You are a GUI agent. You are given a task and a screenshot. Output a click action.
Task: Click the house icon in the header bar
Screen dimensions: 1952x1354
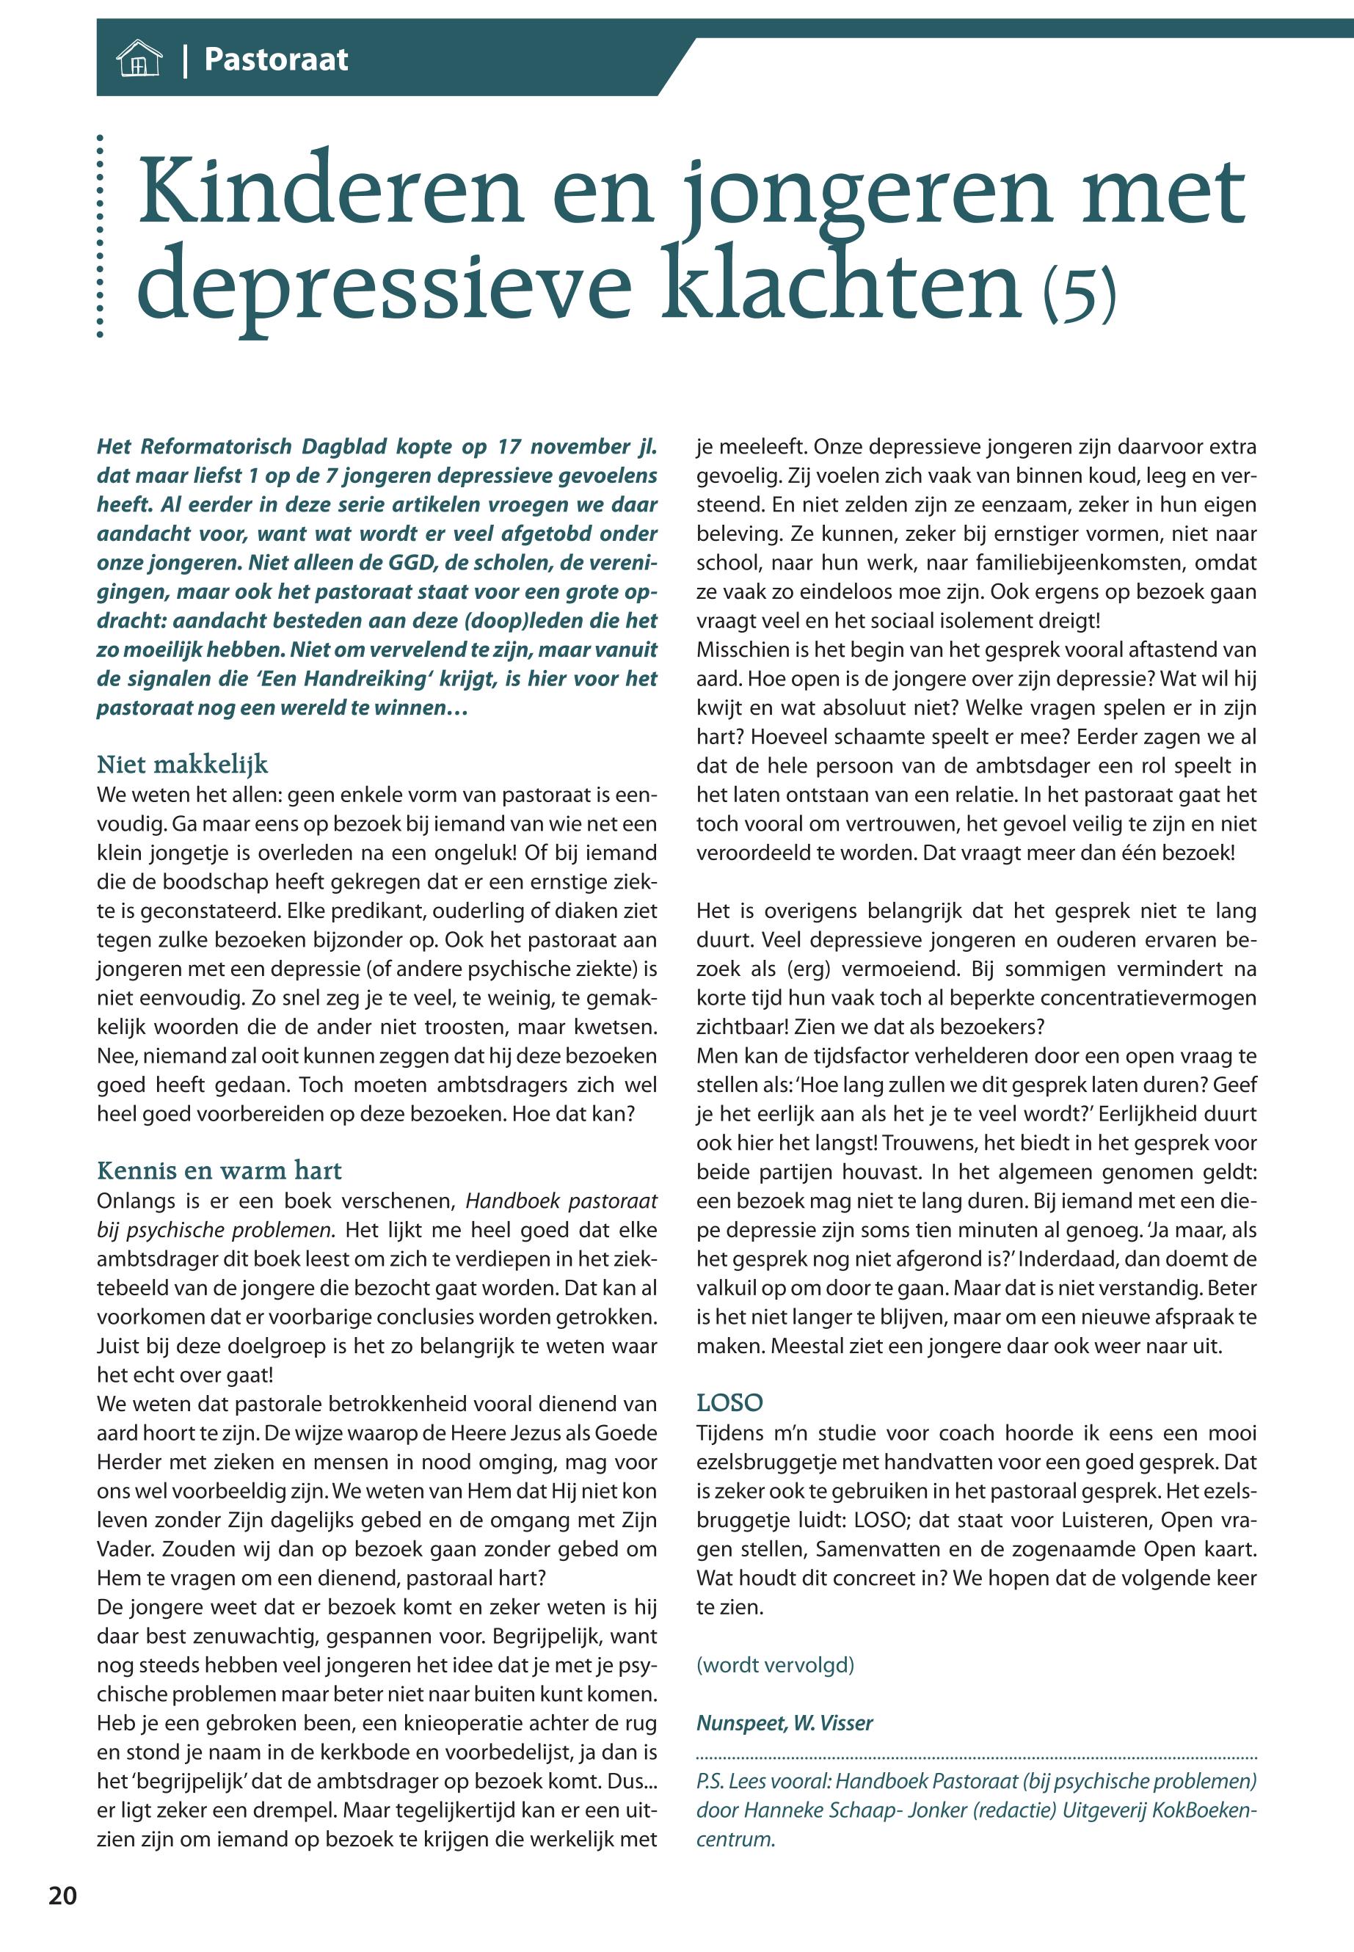tap(138, 60)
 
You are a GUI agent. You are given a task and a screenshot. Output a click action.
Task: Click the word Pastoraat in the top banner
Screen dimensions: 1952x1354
tap(276, 59)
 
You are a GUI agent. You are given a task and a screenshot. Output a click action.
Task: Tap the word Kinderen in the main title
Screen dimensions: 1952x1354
tap(330, 194)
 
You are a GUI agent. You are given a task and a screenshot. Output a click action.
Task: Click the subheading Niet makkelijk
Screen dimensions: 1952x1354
tap(183, 765)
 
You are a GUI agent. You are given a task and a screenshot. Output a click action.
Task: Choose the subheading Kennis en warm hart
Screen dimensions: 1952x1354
tap(219, 1170)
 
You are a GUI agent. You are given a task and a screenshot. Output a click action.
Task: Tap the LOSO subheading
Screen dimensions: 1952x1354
tap(729, 1402)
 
